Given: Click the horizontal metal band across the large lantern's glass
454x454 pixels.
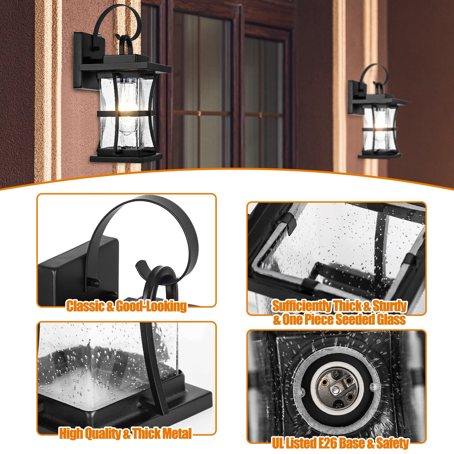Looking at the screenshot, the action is pos(126,113).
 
